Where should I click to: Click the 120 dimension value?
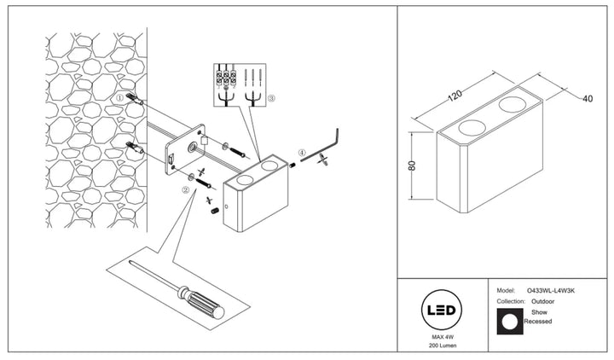(455, 96)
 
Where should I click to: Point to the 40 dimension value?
(588, 99)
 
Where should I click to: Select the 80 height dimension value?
(412, 165)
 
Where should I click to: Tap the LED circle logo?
(442, 311)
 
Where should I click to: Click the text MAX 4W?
(443, 337)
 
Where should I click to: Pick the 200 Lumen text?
(443, 345)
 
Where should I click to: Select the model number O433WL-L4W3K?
(551, 291)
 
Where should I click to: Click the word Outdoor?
(542, 302)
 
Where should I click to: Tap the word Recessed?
(538, 322)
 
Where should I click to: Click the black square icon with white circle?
(510, 322)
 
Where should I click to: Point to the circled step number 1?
(120, 97)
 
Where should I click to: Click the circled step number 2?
(186, 190)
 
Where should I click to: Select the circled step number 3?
(271, 99)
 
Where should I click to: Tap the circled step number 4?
(301, 153)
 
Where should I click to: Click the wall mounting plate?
(185, 149)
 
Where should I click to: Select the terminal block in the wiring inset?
(226, 78)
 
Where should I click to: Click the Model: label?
(506, 291)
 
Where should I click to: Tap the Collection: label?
(511, 302)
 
